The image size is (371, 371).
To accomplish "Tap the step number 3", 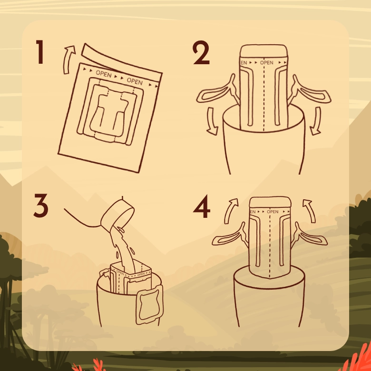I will point(41,205).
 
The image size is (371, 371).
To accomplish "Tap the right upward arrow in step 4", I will point(310,210).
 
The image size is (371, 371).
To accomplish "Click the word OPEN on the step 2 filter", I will point(267,63).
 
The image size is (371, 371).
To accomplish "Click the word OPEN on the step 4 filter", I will point(273,212).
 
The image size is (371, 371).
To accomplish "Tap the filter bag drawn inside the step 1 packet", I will point(110,111).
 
